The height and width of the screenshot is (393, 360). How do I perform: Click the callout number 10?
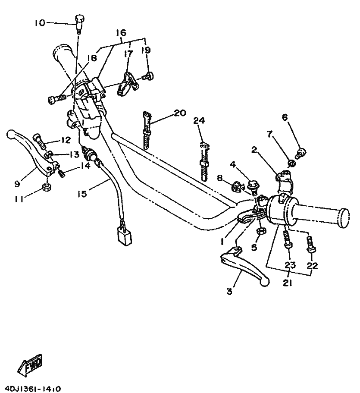tap(40, 23)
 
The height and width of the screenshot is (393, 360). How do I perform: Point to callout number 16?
tap(121, 33)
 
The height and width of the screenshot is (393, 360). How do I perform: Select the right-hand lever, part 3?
tap(244, 266)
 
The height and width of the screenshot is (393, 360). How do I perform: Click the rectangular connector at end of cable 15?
tap(123, 236)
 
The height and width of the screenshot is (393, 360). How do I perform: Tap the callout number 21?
tap(287, 283)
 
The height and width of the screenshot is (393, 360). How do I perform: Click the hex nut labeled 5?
tap(261, 231)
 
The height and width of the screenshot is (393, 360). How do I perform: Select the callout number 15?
tap(82, 193)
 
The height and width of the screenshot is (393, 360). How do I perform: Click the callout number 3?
tap(229, 292)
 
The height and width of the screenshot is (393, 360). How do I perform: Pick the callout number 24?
tap(199, 120)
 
